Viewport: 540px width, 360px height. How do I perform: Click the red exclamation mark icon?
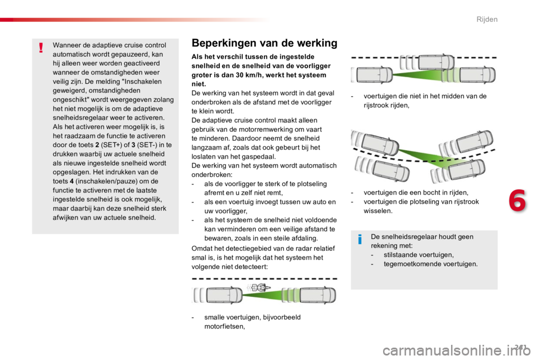(41, 48)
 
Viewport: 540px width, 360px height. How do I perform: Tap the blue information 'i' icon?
(360, 238)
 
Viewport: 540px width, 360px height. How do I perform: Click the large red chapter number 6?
(517, 200)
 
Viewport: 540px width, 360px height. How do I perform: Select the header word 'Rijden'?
(487, 19)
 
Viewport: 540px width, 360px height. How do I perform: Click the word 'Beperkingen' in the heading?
(224, 43)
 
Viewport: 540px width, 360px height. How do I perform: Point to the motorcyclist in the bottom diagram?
(257, 287)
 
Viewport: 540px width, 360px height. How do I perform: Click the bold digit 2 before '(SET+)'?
(97, 145)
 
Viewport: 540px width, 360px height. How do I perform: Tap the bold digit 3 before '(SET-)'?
(133, 145)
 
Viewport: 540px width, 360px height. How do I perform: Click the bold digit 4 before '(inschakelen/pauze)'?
(71, 181)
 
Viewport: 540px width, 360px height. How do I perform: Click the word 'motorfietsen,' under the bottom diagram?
(224, 326)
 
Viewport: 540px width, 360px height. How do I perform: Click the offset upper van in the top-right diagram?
(436, 62)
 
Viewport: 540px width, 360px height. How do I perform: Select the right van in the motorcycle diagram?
(317, 295)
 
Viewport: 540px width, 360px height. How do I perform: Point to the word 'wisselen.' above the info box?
(378, 211)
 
